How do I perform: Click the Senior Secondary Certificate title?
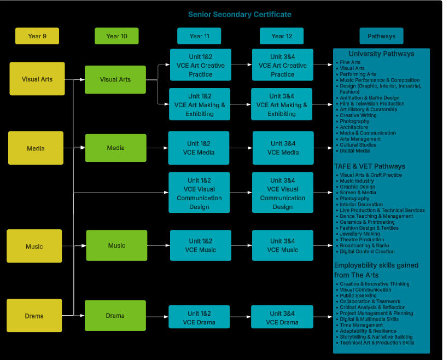point(240,14)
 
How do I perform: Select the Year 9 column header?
point(37,36)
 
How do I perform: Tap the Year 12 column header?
point(282,36)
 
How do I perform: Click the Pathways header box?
point(381,36)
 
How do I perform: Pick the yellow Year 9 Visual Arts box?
point(37,79)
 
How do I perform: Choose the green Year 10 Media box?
point(115,148)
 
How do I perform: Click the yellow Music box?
point(34,246)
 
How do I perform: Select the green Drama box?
point(115,316)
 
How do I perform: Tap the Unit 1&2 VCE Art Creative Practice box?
point(200,65)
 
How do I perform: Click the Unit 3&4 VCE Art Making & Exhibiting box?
point(282,104)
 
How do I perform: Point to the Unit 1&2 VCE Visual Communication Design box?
point(199,194)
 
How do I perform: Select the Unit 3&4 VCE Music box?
point(282,245)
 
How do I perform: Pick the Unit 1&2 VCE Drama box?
point(199,317)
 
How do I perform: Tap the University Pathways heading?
point(381,54)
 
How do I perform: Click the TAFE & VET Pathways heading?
point(370,166)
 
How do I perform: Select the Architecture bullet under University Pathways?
point(354,127)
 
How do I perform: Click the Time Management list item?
point(362,325)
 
